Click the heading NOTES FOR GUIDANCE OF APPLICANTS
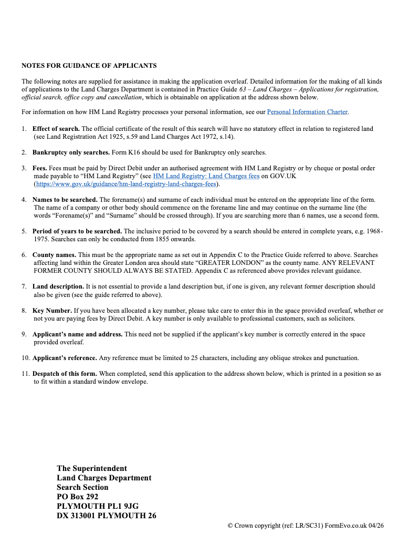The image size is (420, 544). (x=89, y=66)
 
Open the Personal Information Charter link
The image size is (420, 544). (x=307, y=112)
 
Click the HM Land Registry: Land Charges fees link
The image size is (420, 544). (x=206, y=176)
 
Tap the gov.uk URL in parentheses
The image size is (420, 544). (x=127, y=184)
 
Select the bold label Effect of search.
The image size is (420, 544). (x=56, y=129)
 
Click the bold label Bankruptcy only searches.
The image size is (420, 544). (x=71, y=152)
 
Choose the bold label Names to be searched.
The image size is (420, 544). (x=65, y=200)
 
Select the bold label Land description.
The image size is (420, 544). (x=58, y=286)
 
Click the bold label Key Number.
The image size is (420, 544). (x=52, y=311)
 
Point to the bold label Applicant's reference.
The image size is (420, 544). (x=65, y=358)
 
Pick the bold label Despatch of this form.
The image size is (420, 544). (x=65, y=374)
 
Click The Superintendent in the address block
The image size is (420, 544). (x=92, y=468)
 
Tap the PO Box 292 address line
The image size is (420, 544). (x=78, y=497)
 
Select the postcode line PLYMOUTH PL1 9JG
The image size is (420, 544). (x=98, y=506)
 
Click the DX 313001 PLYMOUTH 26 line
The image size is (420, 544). (x=107, y=516)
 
